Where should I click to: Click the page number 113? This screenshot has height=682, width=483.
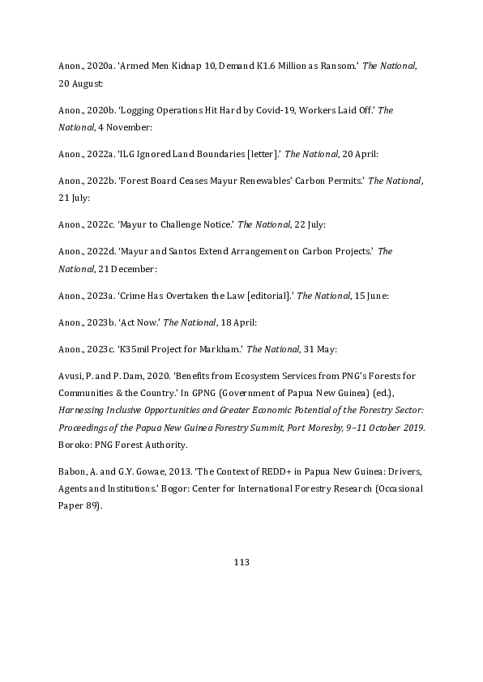point(241,562)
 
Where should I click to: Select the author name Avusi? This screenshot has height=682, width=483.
point(71,377)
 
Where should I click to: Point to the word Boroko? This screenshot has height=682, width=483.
point(74,445)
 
